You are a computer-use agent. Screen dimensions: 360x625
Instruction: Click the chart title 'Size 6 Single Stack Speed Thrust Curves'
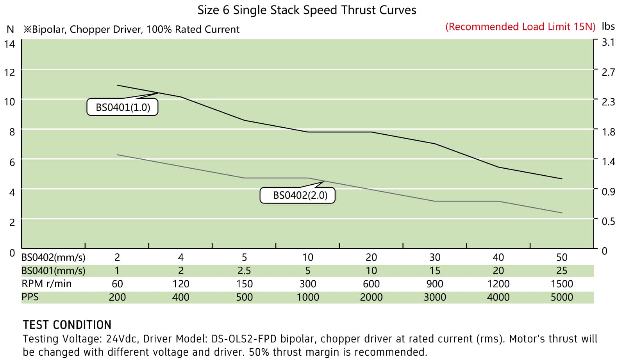click(307, 10)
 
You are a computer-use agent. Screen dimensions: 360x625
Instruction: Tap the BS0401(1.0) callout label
click(123, 107)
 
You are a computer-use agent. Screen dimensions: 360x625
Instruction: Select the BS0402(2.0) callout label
click(300, 195)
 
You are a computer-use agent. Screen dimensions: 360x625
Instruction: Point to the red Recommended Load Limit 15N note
click(520, 27)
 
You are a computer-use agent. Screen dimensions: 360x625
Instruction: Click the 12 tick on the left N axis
click(9, 73)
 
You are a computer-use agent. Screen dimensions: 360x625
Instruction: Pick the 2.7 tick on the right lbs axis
click(608, 72)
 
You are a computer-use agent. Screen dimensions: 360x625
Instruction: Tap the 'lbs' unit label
click(608, 26)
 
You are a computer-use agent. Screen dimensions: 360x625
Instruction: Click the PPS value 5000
click(562, 297)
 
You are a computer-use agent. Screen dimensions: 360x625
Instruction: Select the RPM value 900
click(435, 284)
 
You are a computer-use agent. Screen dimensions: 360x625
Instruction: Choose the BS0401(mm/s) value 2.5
click(244, 271)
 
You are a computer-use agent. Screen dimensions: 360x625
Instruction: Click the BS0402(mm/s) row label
click(54, 257)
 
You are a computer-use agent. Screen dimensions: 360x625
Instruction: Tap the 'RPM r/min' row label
click(46, 283)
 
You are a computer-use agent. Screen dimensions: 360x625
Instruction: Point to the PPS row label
click(30, 297)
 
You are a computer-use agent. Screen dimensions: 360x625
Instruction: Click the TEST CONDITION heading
click(67, 325)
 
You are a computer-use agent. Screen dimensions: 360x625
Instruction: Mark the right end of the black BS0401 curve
click(562, 179)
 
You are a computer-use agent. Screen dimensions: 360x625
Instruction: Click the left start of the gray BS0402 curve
click(118, 155)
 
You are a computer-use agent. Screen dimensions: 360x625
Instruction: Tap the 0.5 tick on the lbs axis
click(608, 221)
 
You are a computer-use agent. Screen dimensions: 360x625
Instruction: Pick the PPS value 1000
click(308, 297)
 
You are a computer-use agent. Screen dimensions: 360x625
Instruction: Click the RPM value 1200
click(498, 284)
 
